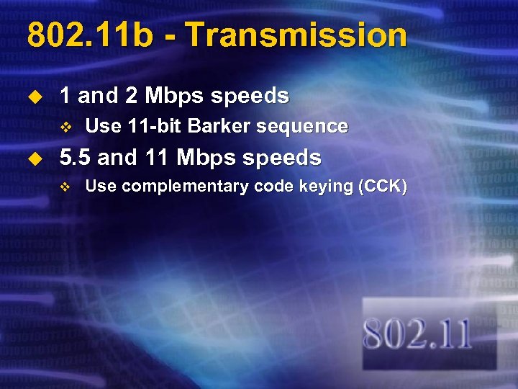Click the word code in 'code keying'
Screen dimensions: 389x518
point(271,187)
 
